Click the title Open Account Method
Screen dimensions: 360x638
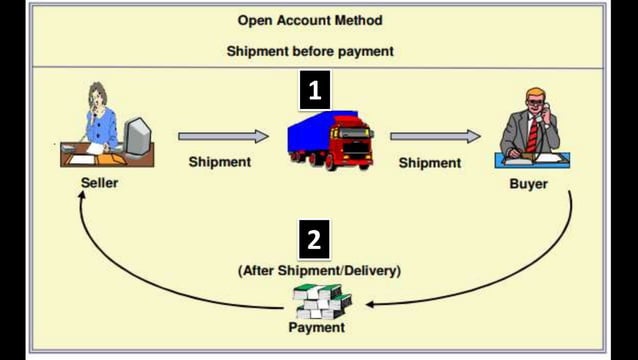point(309,20)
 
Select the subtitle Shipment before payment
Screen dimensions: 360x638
point(309,51)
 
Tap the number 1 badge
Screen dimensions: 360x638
point(315,91)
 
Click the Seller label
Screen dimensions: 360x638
point(99,184)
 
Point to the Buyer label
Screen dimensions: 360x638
point(529,184)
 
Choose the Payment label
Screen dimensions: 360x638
point(316,327)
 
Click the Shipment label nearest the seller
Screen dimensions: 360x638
point(220,162)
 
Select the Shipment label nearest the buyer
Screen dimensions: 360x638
point(429,162)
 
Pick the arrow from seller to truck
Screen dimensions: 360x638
point(223,136)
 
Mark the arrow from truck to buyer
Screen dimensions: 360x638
point(434,136)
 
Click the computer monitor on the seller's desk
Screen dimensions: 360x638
point(137,136)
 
